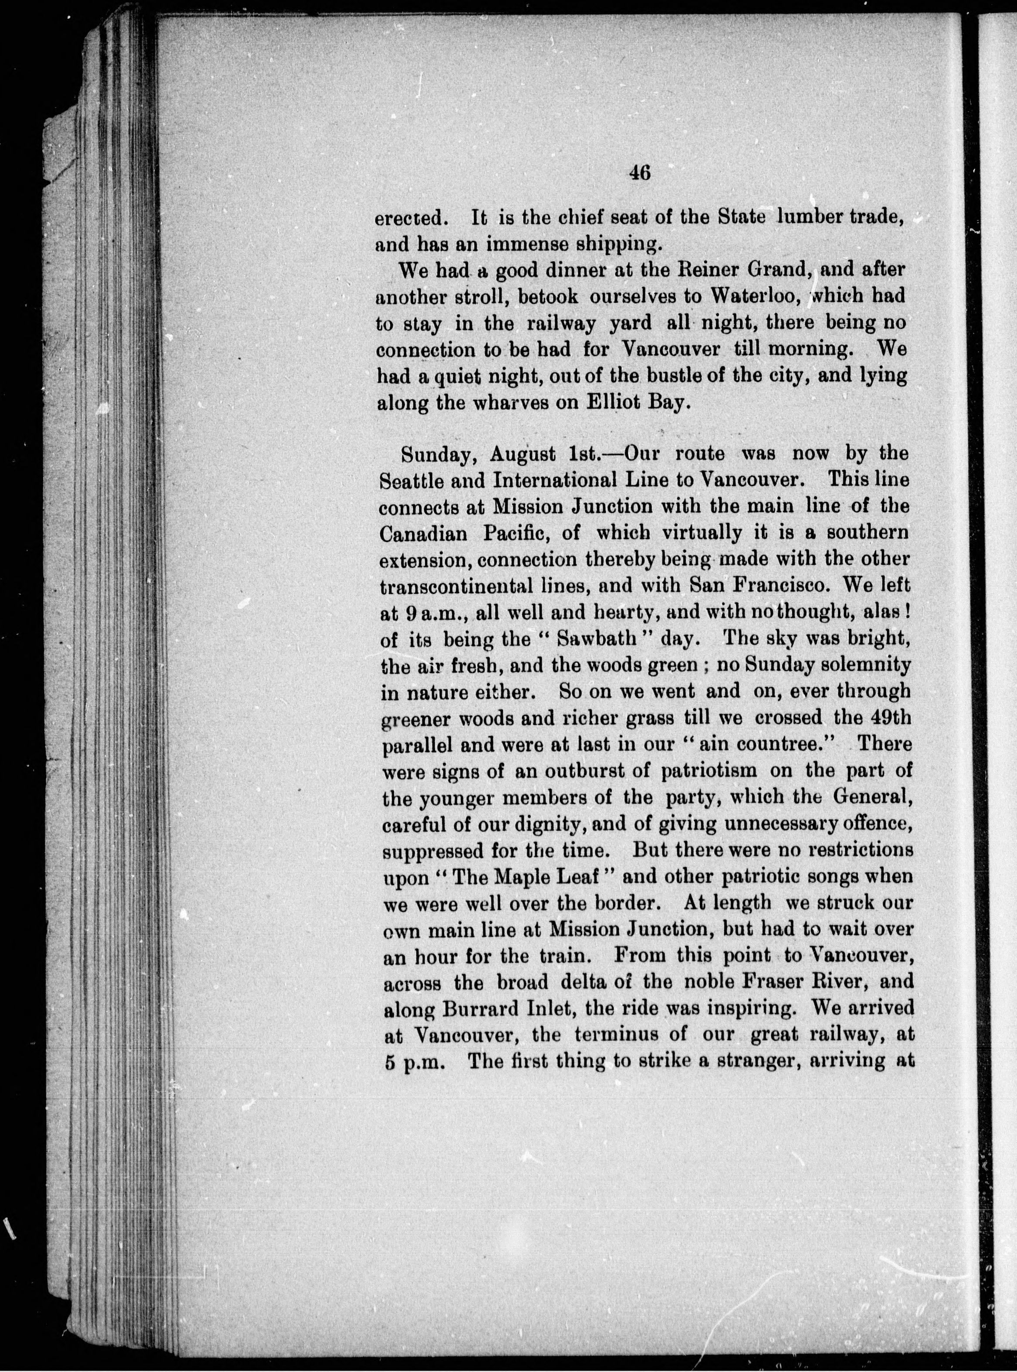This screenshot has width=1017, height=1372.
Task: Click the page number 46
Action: [640, 173]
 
